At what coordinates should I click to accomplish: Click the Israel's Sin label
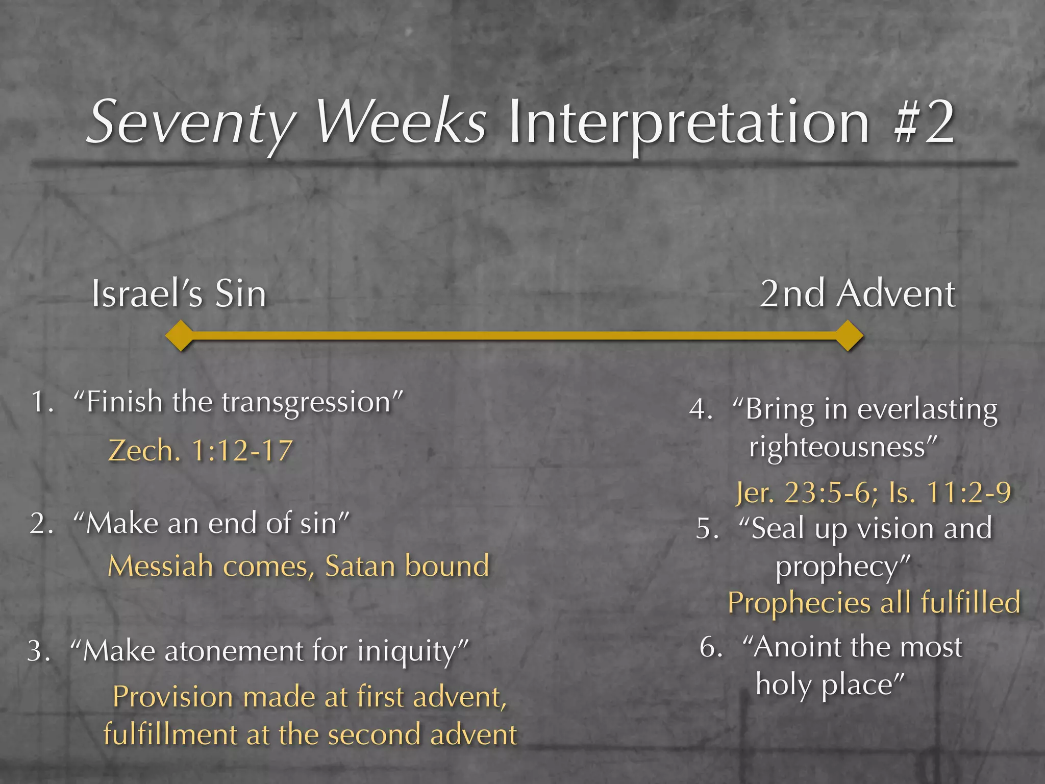tap(179, 295)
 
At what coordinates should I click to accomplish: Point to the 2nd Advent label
tap(857, 295)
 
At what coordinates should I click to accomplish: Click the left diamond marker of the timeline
tap(180, 336)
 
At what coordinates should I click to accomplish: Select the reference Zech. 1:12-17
tap(201, 451)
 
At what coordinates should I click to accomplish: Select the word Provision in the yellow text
tap(172, 697)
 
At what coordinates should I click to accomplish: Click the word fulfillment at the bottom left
tap(170, 735)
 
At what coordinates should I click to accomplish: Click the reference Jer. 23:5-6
tap(806, 493)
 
